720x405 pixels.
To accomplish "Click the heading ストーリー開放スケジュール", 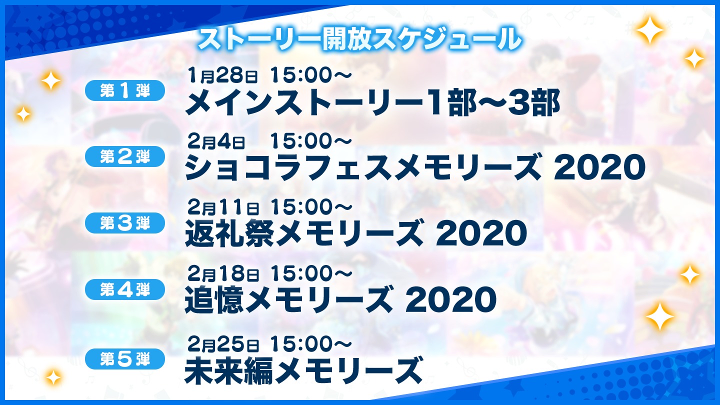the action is [359, 40].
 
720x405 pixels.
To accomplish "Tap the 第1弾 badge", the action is [125, 90].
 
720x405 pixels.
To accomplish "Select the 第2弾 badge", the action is [125, 156].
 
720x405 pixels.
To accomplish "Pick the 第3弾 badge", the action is [125, 223].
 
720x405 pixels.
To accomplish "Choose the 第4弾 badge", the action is [125, 289].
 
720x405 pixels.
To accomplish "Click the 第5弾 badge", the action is [125, 358].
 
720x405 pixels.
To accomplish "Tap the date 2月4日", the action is [216, 142].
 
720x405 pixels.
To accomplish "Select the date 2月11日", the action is [223, 208].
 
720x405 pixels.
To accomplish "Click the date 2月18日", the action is [223, 274].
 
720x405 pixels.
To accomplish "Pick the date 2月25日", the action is [223, 344].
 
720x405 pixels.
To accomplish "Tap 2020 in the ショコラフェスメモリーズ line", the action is [599, 167].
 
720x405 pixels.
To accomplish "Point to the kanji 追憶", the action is [214, 299].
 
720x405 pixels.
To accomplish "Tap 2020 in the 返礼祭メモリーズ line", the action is [481, 233].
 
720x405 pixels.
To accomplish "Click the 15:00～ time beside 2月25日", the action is [310, 344].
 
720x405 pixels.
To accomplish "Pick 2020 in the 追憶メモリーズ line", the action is [450, 300].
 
